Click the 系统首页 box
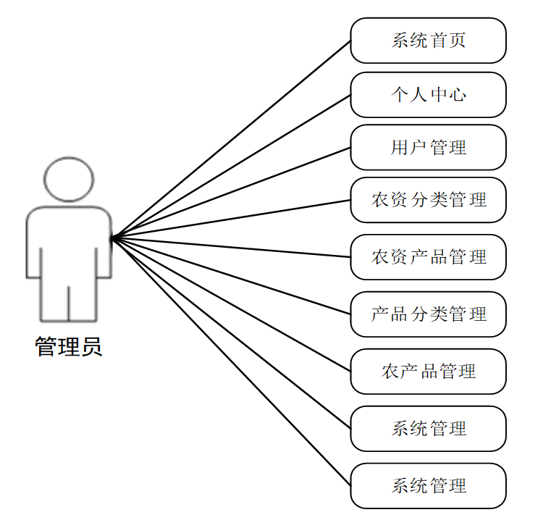tap(428, 41)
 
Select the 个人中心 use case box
tap(428, 94)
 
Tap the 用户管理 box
tap(428, 148)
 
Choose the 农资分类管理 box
tap(428, 200)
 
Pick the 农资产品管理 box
tap(428, 257)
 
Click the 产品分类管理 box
tap(428, 314)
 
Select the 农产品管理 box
tap(428, 372)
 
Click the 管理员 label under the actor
tap(69, 347)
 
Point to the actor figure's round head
tap(69, 179)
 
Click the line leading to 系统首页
tap(232, 138)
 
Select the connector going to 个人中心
tap(232, 165)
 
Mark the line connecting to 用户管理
tap(232, 192)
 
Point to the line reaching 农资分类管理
tap(232, 218)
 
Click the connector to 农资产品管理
tap(232, 247)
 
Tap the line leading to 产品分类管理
tap(232, 275)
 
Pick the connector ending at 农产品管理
tap(232, 304)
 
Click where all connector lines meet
tap(112, 237)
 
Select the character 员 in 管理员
tap(91, 347)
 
